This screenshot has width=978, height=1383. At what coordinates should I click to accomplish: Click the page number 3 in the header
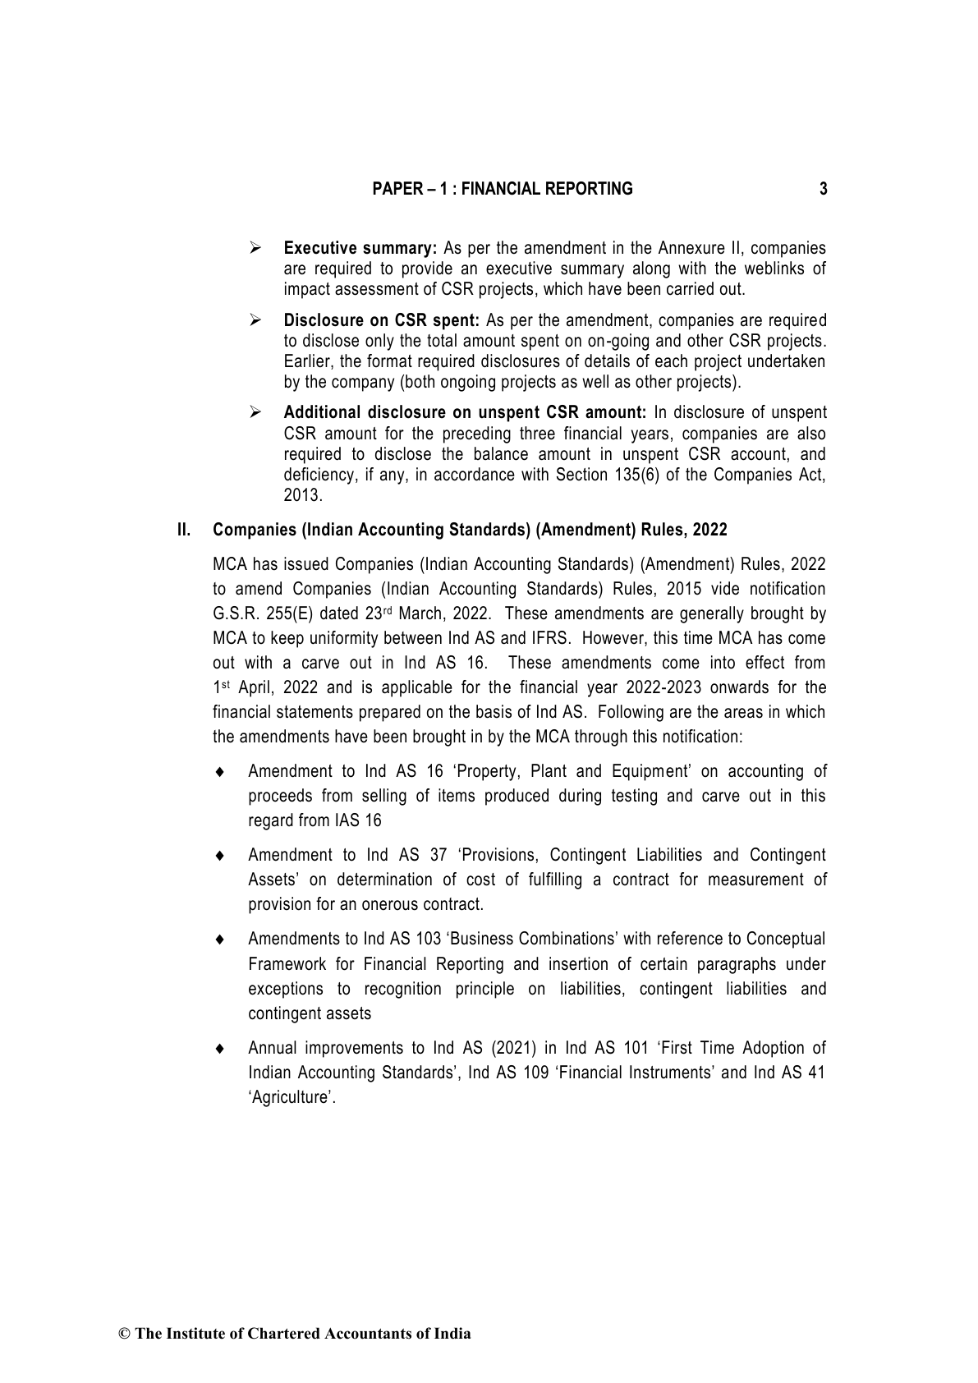tap(824, 189)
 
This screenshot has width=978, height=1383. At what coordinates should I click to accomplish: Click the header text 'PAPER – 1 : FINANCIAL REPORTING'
tap(503, 189)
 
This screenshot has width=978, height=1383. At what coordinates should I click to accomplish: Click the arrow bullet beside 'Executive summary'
tap(255, 248)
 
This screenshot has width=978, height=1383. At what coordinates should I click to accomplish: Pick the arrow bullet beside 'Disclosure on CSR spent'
tap(255, 320)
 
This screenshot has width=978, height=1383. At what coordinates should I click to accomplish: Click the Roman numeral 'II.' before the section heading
tap(184, 530)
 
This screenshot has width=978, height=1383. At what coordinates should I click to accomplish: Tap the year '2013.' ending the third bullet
tap(303, 495)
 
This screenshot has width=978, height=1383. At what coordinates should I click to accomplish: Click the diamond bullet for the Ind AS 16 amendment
tap(219, 772)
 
